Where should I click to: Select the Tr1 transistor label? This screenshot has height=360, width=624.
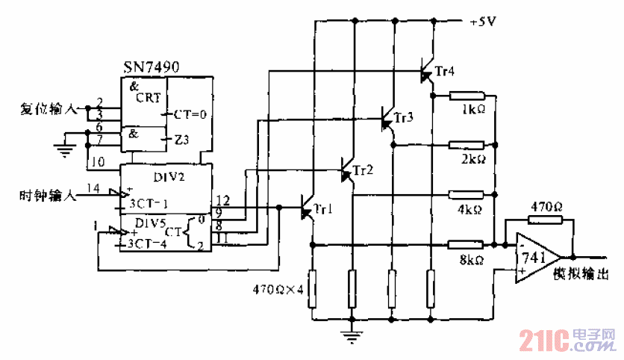323,209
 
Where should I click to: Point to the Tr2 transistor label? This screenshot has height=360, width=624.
364,170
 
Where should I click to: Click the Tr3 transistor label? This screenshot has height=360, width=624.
403,118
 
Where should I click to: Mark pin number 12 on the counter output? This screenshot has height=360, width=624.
222,201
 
